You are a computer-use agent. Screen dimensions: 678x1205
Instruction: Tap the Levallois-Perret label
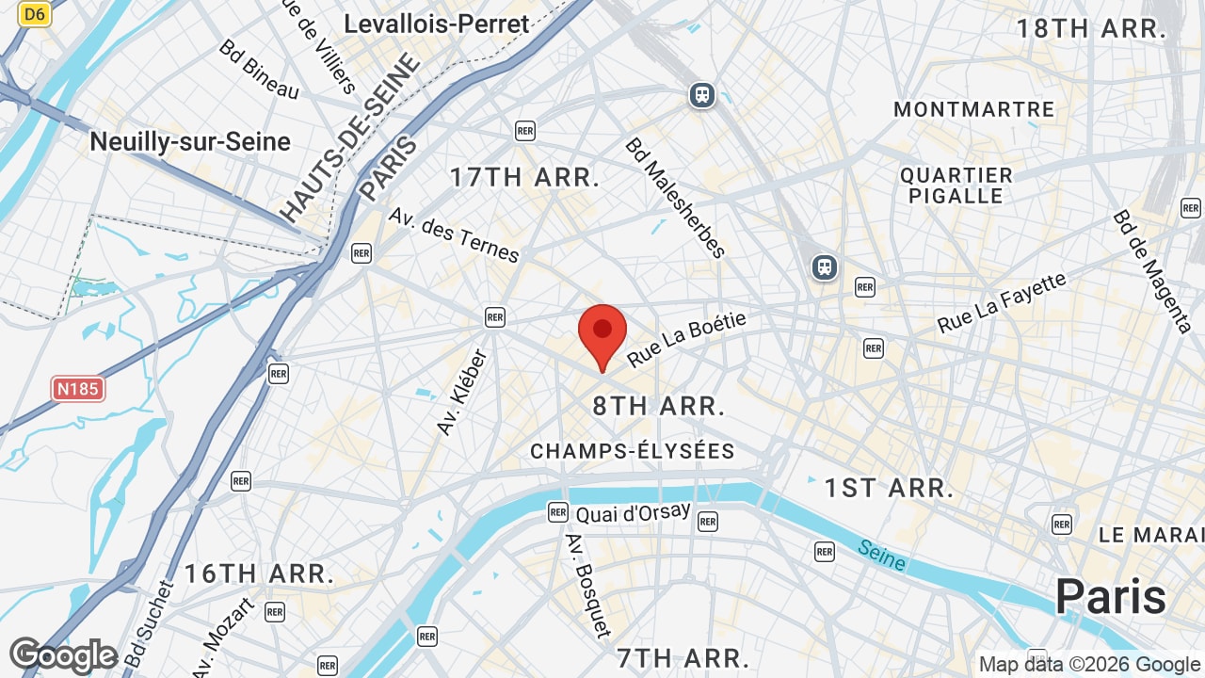(x=437, y=24)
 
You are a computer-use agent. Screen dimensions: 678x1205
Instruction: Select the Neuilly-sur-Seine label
(x=190, y=142)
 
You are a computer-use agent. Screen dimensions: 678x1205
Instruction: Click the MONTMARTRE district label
(x=974, y=109)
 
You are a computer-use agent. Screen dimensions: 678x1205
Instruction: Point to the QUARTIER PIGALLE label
(x=956, y=186)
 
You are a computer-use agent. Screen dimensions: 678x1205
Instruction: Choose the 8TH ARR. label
(x=659, y=406)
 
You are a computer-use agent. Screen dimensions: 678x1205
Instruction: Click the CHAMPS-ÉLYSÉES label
(x=633, y=451)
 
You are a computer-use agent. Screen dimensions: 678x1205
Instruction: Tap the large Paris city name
(x=1110, y=597)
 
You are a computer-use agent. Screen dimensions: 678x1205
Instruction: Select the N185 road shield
(x=77, y=389)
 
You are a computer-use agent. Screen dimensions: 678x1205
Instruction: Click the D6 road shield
(x=35, y=14)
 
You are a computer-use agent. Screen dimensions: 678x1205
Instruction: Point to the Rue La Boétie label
(x=687, y=340)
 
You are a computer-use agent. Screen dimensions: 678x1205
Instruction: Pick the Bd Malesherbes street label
(x=676, y=198)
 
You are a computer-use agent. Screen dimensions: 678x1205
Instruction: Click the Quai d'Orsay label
(x=633, y=514)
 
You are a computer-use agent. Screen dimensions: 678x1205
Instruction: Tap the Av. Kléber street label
(x=462, y=392)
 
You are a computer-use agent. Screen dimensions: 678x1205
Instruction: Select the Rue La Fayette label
(x=1002, y=302)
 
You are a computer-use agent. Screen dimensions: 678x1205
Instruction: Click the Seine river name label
(x=882, y=555)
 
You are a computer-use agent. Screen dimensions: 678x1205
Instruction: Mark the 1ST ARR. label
(x=890, y=488)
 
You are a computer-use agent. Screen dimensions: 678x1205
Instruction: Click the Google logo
(x=63, y=655)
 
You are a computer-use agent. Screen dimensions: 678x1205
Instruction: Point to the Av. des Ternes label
(x=454, y=235)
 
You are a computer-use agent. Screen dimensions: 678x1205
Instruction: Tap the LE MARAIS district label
(x=1149, y=535)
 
